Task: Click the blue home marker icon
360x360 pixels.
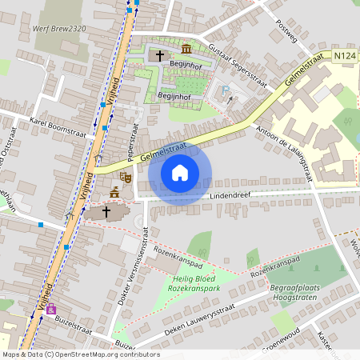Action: (x=180, y=173)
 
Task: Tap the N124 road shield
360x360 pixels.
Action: (x=344, y=55)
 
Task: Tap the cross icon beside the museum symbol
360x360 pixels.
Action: (x=160, y=56)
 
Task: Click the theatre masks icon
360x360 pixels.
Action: (x=125, y=175)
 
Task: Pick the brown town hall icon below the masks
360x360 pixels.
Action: (x=115, y=193)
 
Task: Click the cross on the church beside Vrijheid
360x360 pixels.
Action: (x=106, y=211)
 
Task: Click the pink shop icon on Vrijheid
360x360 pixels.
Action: (x=51, y=309)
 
